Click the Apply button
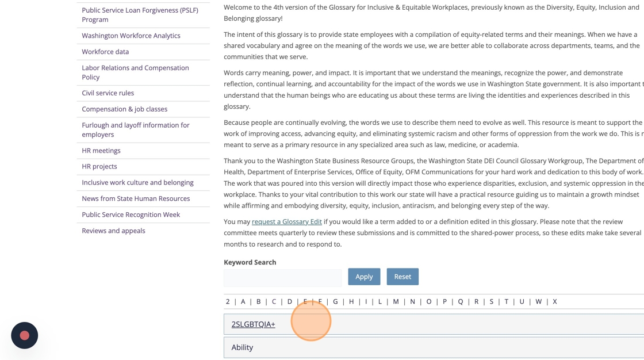click(364, 277)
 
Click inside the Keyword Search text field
click(282, 278)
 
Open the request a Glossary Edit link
click(286, 221)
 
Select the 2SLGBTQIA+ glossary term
click(253, 324)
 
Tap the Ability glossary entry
click(242, 347)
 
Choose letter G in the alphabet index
click(335, 301)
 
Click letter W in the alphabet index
click(538, 301)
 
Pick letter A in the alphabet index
click(243, 301)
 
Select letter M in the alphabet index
click(396, 301)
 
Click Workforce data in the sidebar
click(105, 52)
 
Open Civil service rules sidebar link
click(108, 93)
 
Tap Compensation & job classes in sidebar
click(124, 109)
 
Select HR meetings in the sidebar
click(101, 151)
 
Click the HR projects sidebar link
click(99, 167)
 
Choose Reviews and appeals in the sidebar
click(113, 231)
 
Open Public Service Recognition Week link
click(131, 215)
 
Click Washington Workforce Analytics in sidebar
click(131, 36)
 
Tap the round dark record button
click(25, 335)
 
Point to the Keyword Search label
click(250, 262)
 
